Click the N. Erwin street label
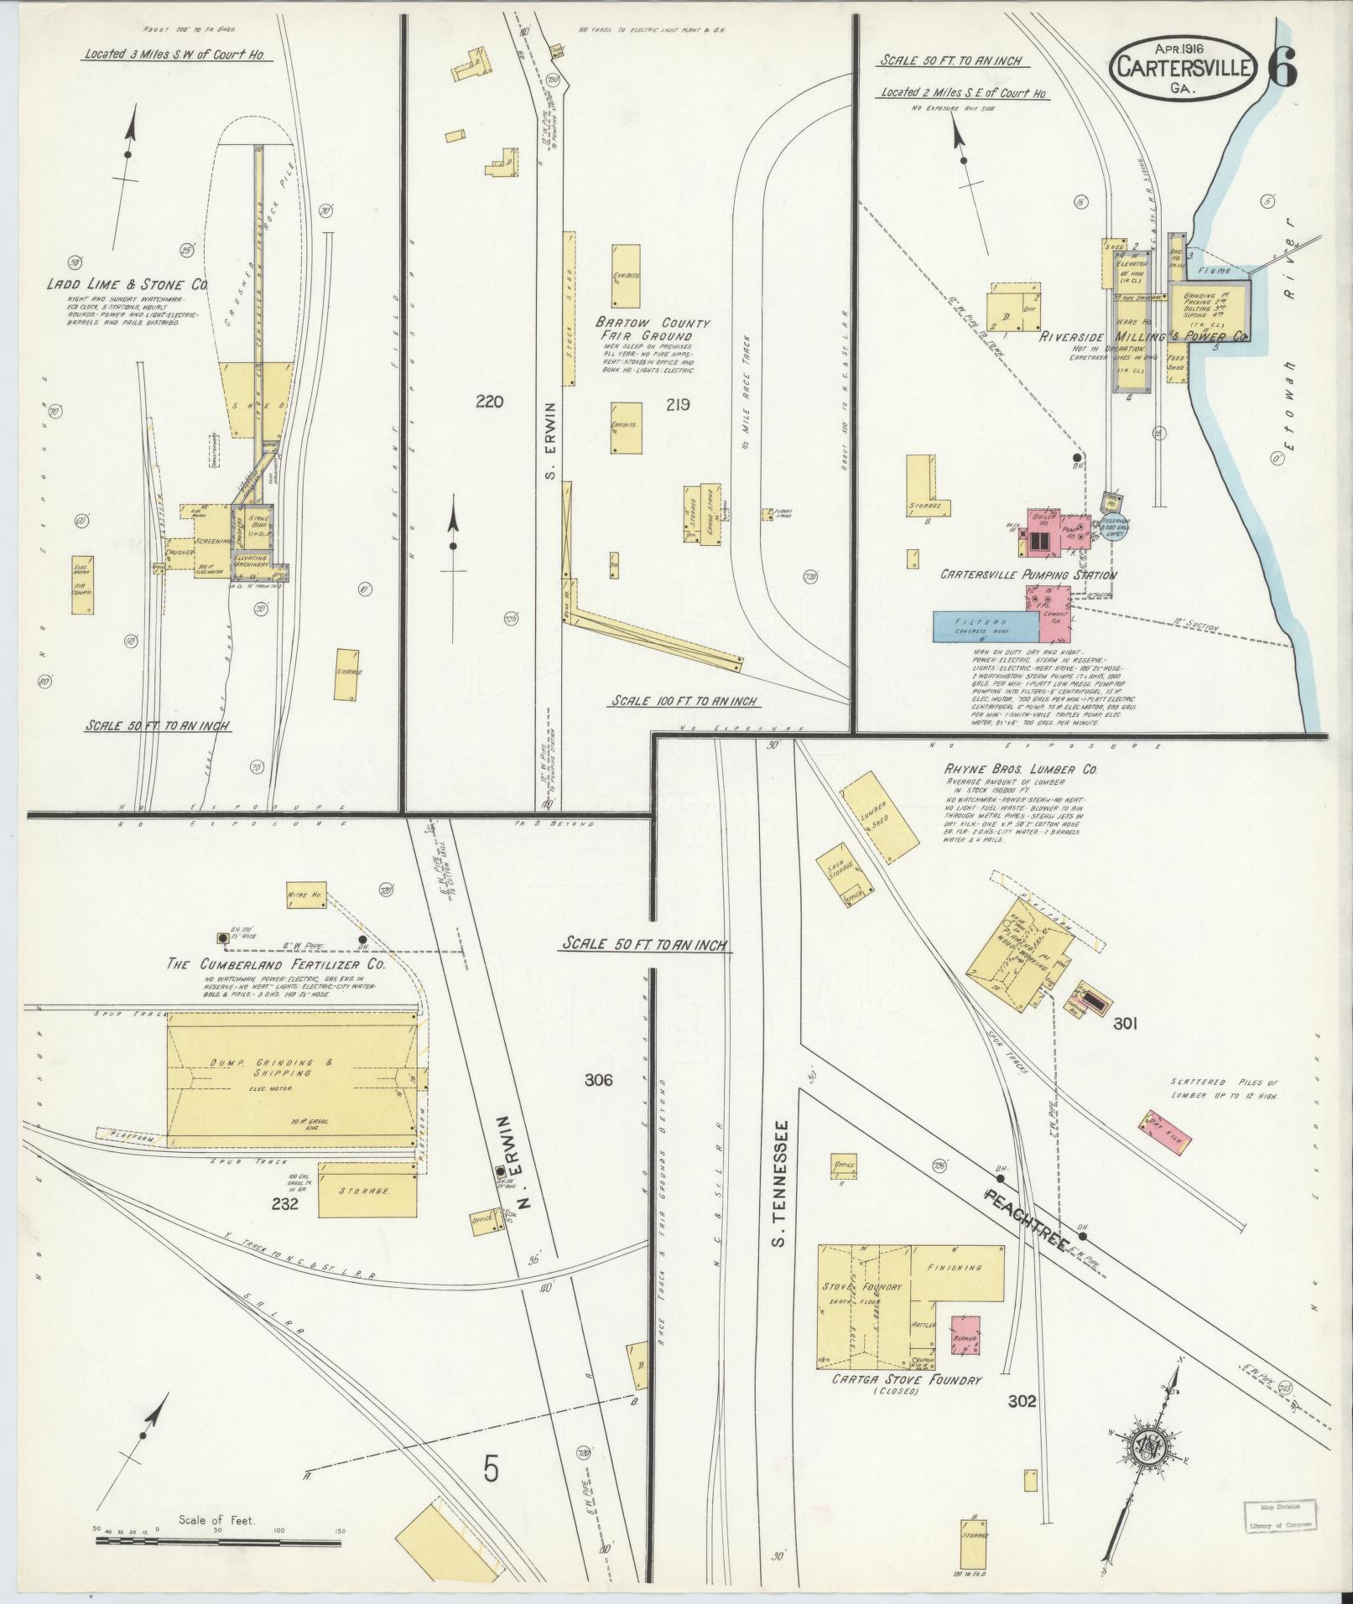(x=515, y=1165)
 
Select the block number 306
(x=599, y=1080)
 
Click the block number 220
(x=489, y=402)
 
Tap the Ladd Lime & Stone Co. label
(x=126, y=285)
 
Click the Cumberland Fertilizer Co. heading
(x=277, y=965)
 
